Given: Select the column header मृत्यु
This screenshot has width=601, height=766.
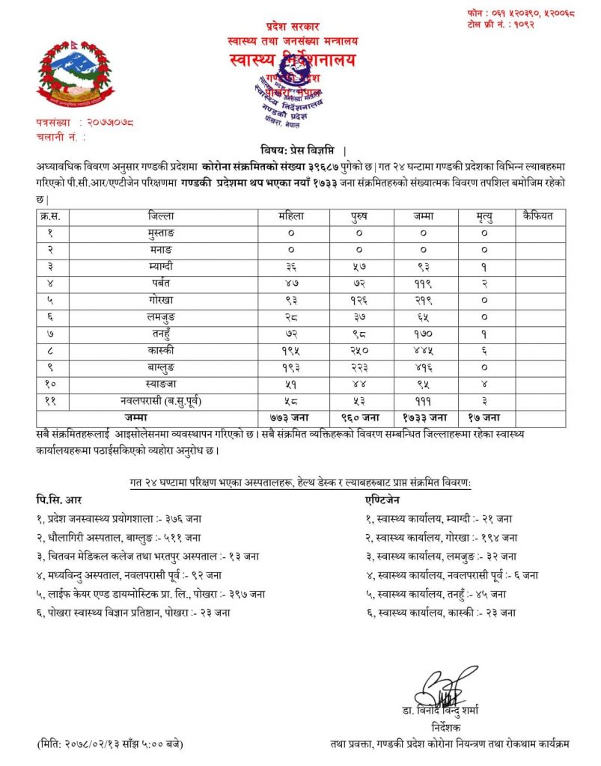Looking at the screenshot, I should point(486,217).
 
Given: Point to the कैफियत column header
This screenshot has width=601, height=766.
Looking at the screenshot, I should point(540,217).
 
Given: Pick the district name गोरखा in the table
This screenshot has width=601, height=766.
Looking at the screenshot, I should point(162,298).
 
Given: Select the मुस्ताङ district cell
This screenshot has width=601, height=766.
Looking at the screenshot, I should point(162,233).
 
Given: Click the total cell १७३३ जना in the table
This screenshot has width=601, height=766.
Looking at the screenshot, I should point(426,417).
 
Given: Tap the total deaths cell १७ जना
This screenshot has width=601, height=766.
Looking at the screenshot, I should point(486,417).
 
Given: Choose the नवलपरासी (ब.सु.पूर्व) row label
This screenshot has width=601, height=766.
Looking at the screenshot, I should point(162,402).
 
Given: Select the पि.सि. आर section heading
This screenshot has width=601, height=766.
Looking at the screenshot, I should point(58,497).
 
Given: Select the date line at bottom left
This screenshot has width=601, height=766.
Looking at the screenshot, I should point(109,744).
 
